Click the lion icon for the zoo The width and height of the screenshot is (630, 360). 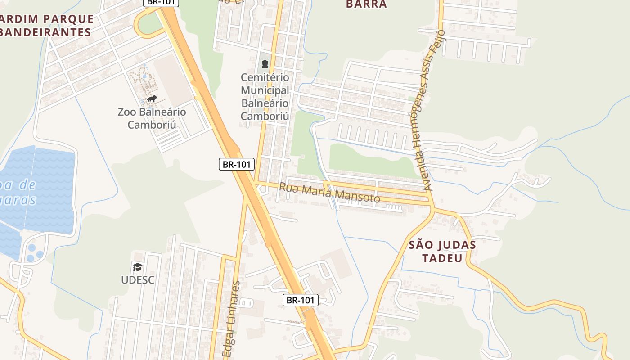click(x=152, y=99)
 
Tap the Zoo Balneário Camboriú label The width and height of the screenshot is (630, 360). click(x=152, y=118)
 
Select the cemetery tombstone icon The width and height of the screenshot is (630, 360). click(x=265, y=64)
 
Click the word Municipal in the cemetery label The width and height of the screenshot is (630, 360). click(x=265, y=90)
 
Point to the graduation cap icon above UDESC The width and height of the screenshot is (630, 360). click(x=137, y=267)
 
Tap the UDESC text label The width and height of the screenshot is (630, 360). click(x=137, y=280)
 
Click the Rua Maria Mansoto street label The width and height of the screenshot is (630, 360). click(x=329, y=192)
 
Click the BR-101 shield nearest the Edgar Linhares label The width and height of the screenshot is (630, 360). click(x=301, y=300)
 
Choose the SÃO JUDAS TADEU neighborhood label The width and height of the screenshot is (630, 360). click(x=442, y=252)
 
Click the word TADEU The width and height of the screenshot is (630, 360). click(x=442, y=258)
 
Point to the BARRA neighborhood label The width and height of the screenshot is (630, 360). click(x=366, y=4)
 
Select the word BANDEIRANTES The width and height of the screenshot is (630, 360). click(x=45, y=32)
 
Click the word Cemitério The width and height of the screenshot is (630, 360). click(x=265, y=77)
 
